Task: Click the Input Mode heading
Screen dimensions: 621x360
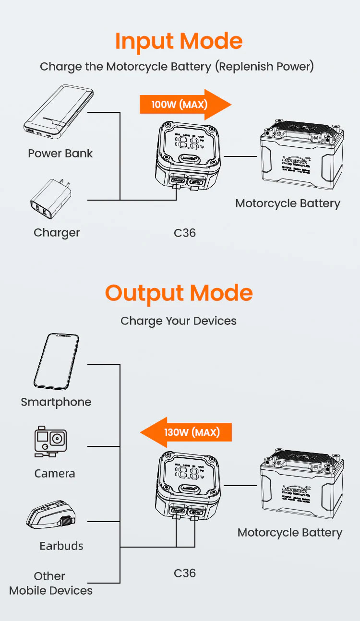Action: pyautogui.click(x=179, y=41)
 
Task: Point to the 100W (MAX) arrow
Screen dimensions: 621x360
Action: pyautogui.click(x=185, y=104)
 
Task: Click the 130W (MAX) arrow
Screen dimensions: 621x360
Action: pyautogui.click(x=186, y=432)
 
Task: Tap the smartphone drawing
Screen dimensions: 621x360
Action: pyautogui.click(x=56, y=362)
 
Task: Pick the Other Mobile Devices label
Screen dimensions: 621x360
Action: pyautogui.click(x=50, y=583)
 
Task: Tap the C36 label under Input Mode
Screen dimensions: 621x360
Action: pyautogui.click(x=185, y=233)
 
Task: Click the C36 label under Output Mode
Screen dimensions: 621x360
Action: pyautogui.click(x=185, y=573)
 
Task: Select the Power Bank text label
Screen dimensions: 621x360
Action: pyautogui.click(x=60, y=154)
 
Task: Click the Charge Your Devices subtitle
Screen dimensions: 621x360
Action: pyautogui.click(x=179, y=321)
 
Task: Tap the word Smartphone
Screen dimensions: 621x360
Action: pyautogui.click(x=56, y=402)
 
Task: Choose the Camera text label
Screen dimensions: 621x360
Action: pyautogui.click(x=55, y=474)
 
